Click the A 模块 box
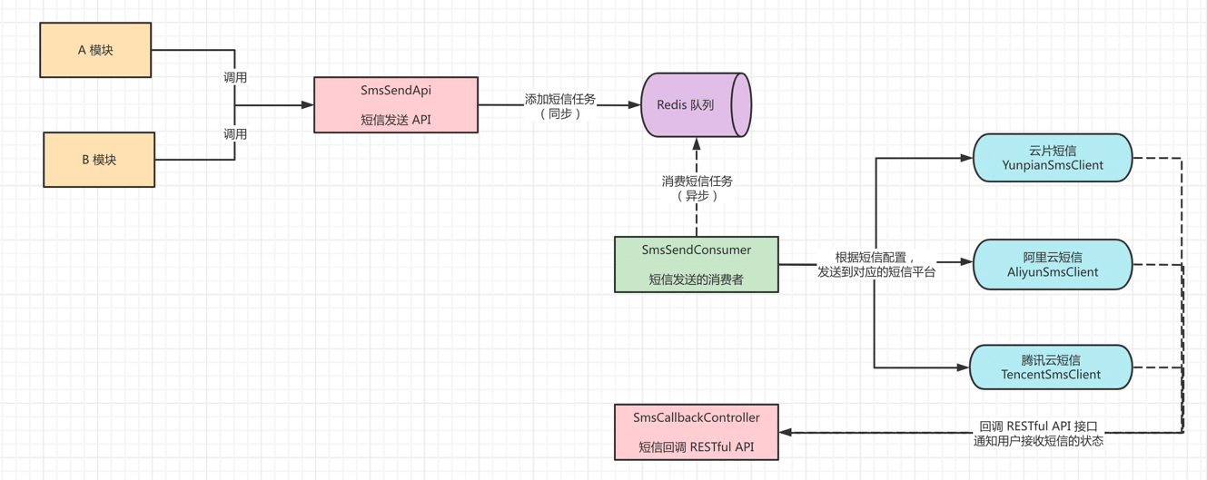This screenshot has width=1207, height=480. pyautogui.click(x=95, y=51)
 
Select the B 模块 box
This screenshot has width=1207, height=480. pyautogui.click(x=99, y=160)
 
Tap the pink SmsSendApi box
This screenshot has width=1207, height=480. pyautogui.click(x=396, y=105)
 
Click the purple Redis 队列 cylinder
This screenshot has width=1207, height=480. pyautogui.click(x=696, y=105)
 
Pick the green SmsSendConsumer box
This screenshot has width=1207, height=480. pyautogui.click(x=697, y=264)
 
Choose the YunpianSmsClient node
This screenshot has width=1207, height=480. pyautogui.click(x=1053, y=158)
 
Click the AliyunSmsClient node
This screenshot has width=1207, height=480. pyautogui.click(x=1053, y=264)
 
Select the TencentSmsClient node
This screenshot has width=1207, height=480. pyautogui.click(x=1051, y=367)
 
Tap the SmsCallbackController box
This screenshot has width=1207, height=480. pyautogui.click(x=697, y=432)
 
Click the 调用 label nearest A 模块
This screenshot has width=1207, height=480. pyautogui.click(x=235, y=78)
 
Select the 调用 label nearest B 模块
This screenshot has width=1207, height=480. pyautogui.click(x=235, y=134)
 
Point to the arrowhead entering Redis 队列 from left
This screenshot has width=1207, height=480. pyautogui.click(x=634, y=105)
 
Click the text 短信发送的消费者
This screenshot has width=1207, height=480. pyautogui.click(x=697, y=279)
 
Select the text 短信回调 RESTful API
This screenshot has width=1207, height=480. pyautogui.click(x=697, y=446)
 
